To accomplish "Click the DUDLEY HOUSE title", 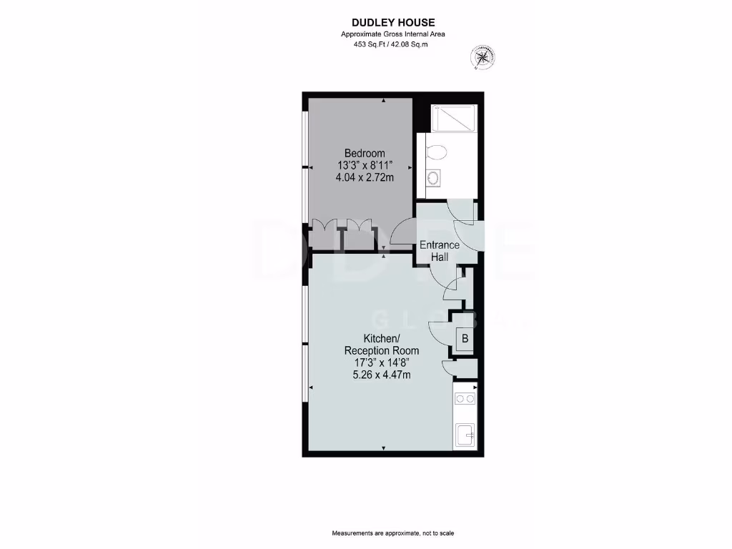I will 392,23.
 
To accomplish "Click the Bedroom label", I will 365,153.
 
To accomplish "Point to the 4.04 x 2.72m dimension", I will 365,177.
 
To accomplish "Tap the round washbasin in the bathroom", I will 432,178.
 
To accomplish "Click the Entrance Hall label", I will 440,251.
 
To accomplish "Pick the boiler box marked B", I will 465,339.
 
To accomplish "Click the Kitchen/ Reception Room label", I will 381,345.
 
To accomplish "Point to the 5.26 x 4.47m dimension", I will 381,375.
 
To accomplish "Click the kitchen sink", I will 465,435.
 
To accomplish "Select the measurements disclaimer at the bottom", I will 392,534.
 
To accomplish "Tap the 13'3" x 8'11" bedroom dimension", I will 365,165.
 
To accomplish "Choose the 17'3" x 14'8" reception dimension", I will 381,363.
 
